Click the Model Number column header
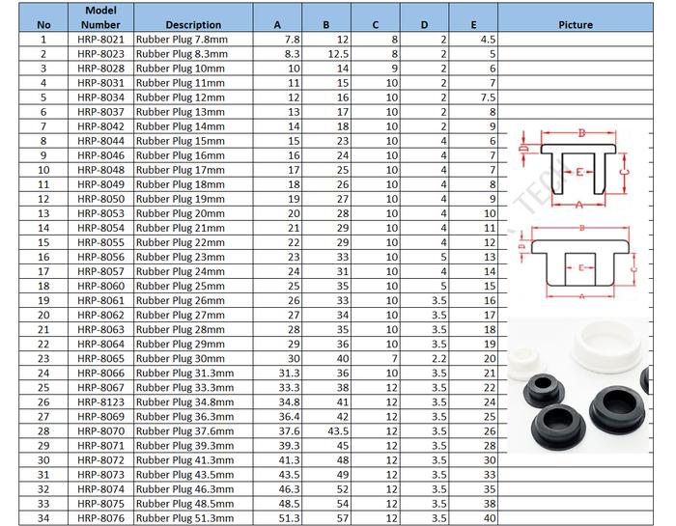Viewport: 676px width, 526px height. [100, 17]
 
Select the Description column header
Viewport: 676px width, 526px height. [193, 25]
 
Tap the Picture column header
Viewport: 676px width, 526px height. [576, 25]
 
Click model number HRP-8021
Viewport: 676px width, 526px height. [100, 40]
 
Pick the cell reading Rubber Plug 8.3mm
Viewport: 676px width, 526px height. [182, 54]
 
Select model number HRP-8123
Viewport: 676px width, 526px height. [100, 402]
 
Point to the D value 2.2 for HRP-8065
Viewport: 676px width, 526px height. [439, 359]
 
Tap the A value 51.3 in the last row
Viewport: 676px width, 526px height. [290, 518]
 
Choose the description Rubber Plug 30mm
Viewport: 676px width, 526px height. [181, 359]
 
